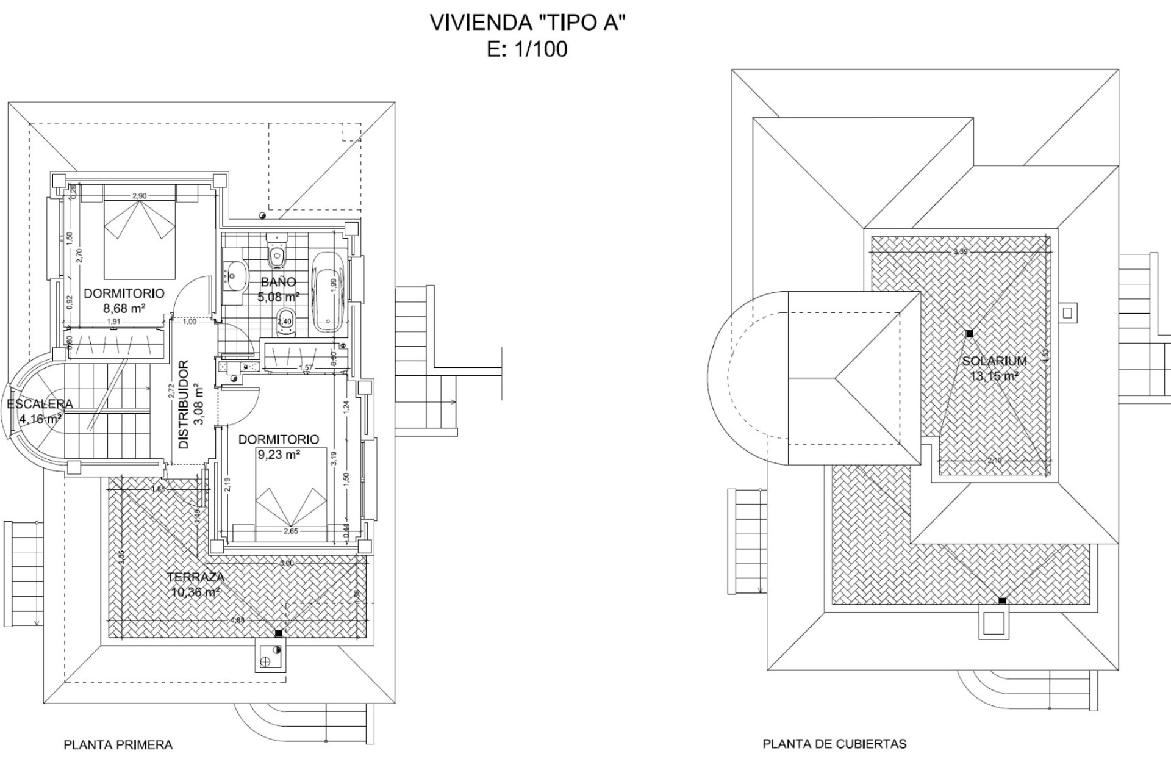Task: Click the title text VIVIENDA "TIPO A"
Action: coord(528,23)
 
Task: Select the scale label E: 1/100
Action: coord(528,49)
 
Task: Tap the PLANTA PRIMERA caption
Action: coord(118,745)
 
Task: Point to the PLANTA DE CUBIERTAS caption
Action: coord(834,744)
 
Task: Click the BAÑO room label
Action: coord(278,282)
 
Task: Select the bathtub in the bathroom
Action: coord(328,292)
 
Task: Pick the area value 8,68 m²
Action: coord(124,309)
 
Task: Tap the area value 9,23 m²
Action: coord(278,455)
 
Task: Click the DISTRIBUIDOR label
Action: coord(184,405)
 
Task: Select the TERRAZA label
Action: coord(196,577)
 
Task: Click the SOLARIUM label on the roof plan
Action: coord(994,361)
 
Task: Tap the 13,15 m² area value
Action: coord(994,376)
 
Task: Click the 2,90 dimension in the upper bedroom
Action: coord(139,196)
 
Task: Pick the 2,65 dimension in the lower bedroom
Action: coord(290,531)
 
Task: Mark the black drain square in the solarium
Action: coord(969,334)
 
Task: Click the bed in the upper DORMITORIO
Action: coord(140,241)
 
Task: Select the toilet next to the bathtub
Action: coord(284,321)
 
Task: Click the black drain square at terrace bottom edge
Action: coord(279,633)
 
